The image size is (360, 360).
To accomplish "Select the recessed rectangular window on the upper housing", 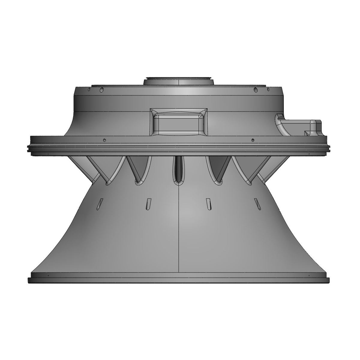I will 179,123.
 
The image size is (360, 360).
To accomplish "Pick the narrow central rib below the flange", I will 179,169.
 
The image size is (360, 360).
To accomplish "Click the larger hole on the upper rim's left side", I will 102,89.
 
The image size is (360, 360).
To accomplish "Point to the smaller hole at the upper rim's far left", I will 89,90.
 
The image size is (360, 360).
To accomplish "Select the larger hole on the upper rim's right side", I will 255,89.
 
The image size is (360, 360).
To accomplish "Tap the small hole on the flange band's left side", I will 104,140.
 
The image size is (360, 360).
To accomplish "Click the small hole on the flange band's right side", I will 253,140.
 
